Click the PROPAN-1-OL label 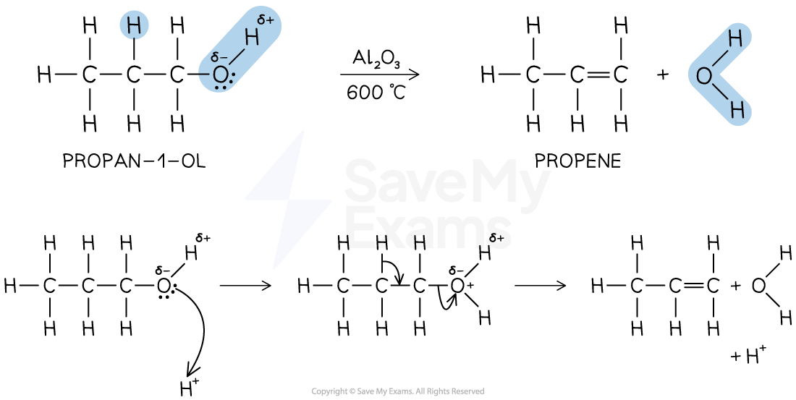(x=135, y=161)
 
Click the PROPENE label (x=577, y=161)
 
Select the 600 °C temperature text (x=376, y=92)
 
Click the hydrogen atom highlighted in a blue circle (x=134, y=25)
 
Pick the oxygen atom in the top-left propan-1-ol (x=220, y=76)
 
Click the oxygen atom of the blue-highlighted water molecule (x=704, y=76)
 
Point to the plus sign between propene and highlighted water (x=662, y=75)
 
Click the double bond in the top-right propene (x=598, y=76)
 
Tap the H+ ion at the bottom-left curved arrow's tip (x=189, y=387)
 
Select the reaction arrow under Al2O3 (x=380, y=75)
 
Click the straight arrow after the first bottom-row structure (x=245, y=285)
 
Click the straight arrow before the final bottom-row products (x=540, y=285)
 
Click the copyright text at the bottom (x=398, y=391)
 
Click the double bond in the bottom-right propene (x=693, y=286)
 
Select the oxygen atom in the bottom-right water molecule (x=758, y=286)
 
